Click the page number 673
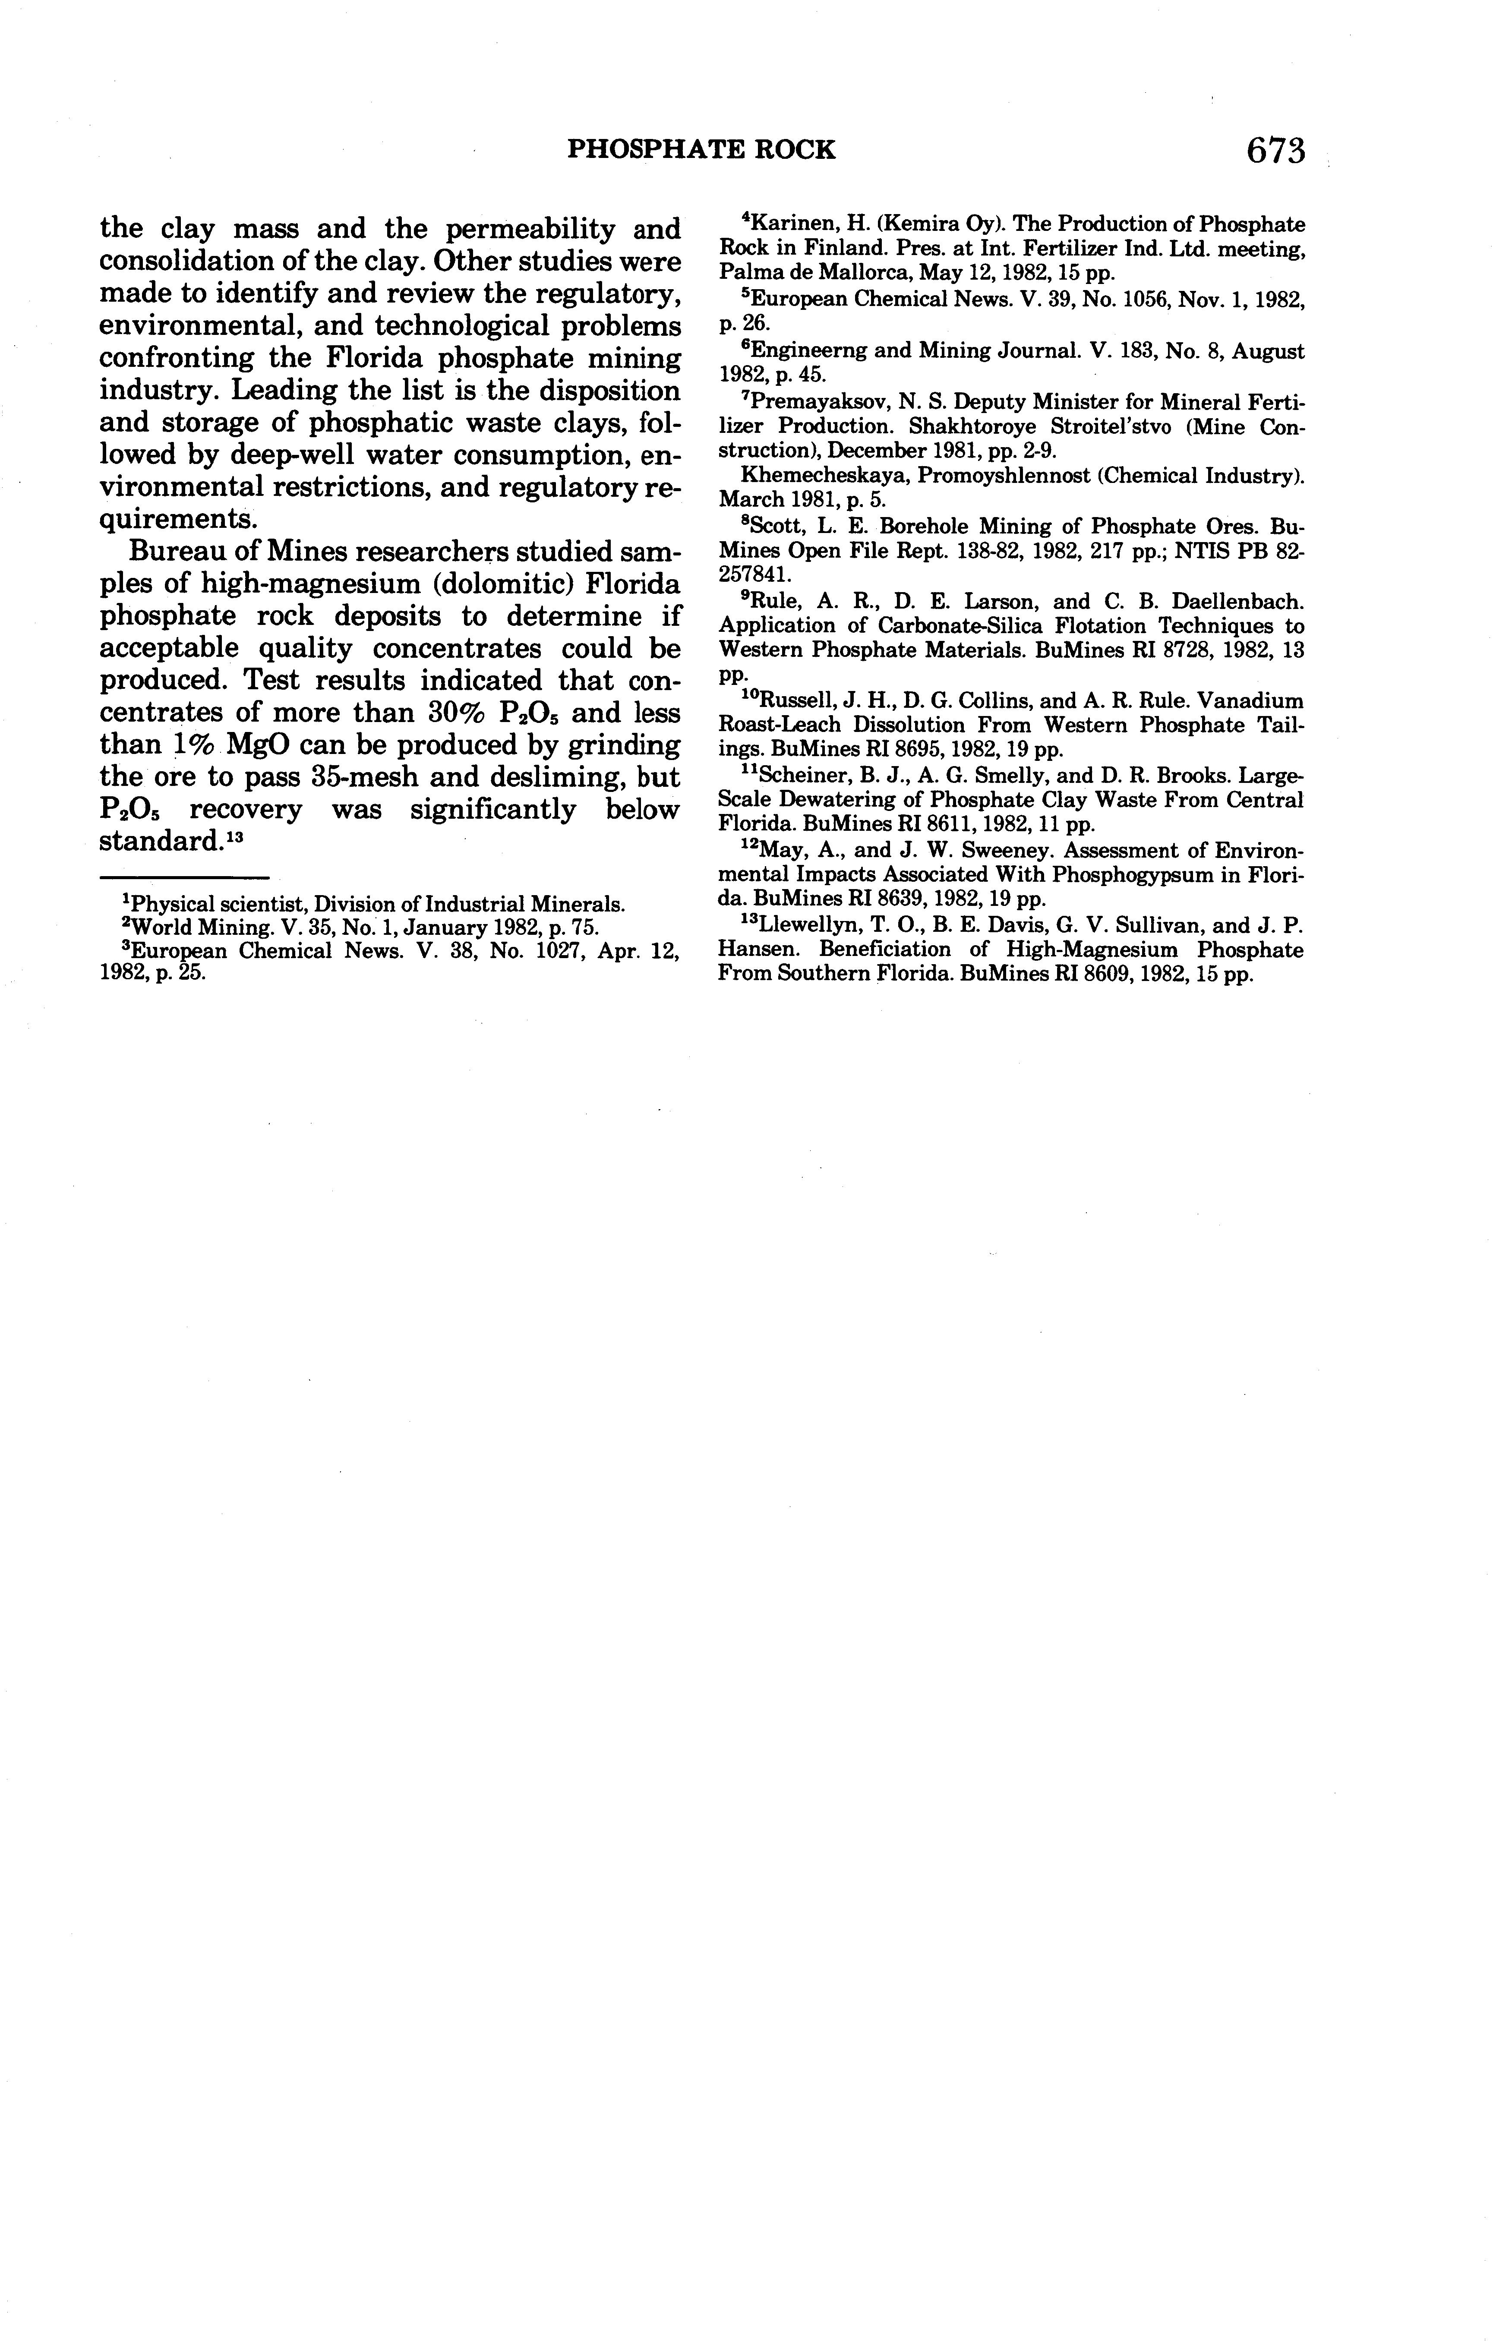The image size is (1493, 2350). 1275,150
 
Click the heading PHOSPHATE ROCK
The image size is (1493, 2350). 702,149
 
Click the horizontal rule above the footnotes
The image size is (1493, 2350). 184,877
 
